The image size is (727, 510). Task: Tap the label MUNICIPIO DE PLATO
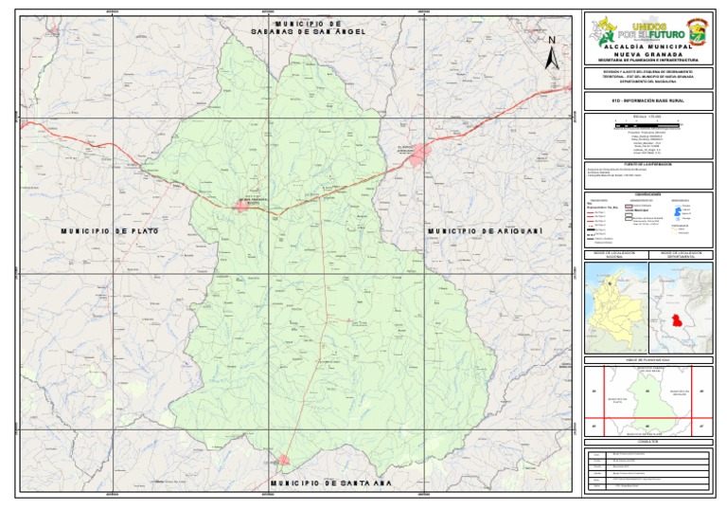109,231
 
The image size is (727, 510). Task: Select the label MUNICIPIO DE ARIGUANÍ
476,231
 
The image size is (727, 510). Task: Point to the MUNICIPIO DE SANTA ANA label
317,483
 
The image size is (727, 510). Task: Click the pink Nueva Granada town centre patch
248,204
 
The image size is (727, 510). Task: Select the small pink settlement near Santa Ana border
283,460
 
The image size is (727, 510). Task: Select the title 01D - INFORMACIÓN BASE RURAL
647,98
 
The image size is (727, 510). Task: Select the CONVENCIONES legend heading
648,194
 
